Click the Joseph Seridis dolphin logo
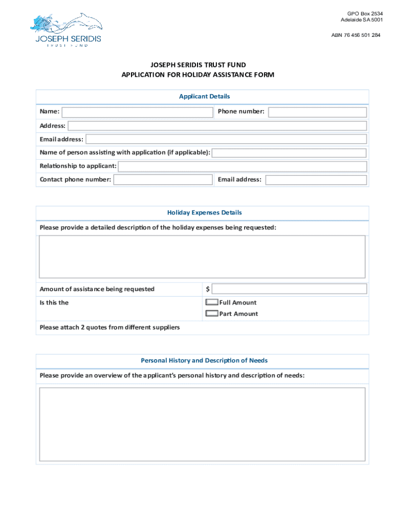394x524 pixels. [x=67, y=30]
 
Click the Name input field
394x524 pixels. [x=137, y=112]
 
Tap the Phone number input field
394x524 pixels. [x=317, y=112]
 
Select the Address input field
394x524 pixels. [x=217, y=126]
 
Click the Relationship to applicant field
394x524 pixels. [x=243, y=166]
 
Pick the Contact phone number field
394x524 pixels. [x=163, y=180]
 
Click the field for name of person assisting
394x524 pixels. [x=289, y=153]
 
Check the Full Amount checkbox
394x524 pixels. [x=211, y=302]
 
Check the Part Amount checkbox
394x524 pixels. [x=211, y=314]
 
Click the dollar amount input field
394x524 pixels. [x=289, y=289]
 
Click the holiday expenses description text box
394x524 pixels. [x=202, y=257]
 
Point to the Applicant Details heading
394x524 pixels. [x=204, y=96]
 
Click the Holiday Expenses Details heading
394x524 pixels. [x=204, y=212]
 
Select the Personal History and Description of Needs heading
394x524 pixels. [x=204, y=361]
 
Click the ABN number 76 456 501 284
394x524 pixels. [x=356, y=35]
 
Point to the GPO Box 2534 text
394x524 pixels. [x=364, y=13]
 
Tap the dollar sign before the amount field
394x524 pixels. [x=208, y=290]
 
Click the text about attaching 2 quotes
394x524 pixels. [x=110, y=327]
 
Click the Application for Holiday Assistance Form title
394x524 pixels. [x=198, y=75]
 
